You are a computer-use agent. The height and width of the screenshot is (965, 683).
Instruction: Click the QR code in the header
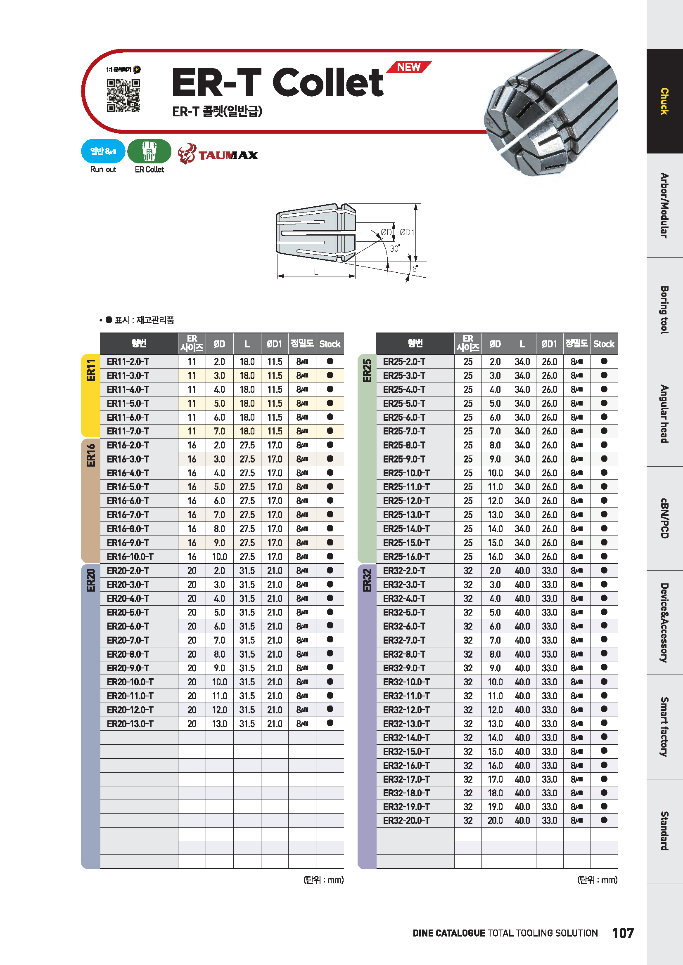(x=123, y=95)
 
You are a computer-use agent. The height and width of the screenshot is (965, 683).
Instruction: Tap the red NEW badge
(x=408, y=67)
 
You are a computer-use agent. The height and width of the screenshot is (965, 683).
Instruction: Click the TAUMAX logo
(x=218, y=154)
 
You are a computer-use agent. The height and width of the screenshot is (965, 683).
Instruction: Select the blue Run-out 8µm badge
(x=103, y=151)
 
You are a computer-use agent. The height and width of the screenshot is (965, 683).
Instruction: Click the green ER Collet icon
(x=149, y=151)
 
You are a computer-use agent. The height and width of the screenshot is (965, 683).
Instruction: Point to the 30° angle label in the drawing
(x=394, y=248)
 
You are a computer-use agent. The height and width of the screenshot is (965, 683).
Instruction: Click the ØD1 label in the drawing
(x=407, y=232)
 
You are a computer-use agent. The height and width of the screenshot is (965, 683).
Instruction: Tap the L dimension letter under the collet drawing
(x=316, y=272)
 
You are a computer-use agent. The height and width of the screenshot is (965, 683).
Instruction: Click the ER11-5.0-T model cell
(x=128, y=403)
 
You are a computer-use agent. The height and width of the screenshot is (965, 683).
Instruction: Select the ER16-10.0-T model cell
(x=130, y=557)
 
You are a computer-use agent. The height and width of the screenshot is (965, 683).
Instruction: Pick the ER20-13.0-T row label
(x=130, y=724)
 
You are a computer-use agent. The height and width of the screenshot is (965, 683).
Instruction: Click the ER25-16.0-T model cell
(x=406, y=557)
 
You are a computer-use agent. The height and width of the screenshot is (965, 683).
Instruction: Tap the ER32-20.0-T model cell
(x=406, y=821)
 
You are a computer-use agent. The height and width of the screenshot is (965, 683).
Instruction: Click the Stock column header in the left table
(x=330, y=344)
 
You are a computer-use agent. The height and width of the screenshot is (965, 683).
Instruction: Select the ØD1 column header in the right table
(x=549, y=344)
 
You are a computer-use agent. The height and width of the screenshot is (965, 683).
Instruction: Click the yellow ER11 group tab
(x=90, y=395)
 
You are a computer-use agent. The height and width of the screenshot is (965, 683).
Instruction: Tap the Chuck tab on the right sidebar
(x=664, y=101)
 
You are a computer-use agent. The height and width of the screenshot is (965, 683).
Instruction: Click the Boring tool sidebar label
(x=664, y=310)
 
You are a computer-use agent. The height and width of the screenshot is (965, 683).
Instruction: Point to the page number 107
(x=623, y=933)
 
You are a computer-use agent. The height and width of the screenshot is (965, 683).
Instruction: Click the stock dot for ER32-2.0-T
(x=604, y=570)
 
